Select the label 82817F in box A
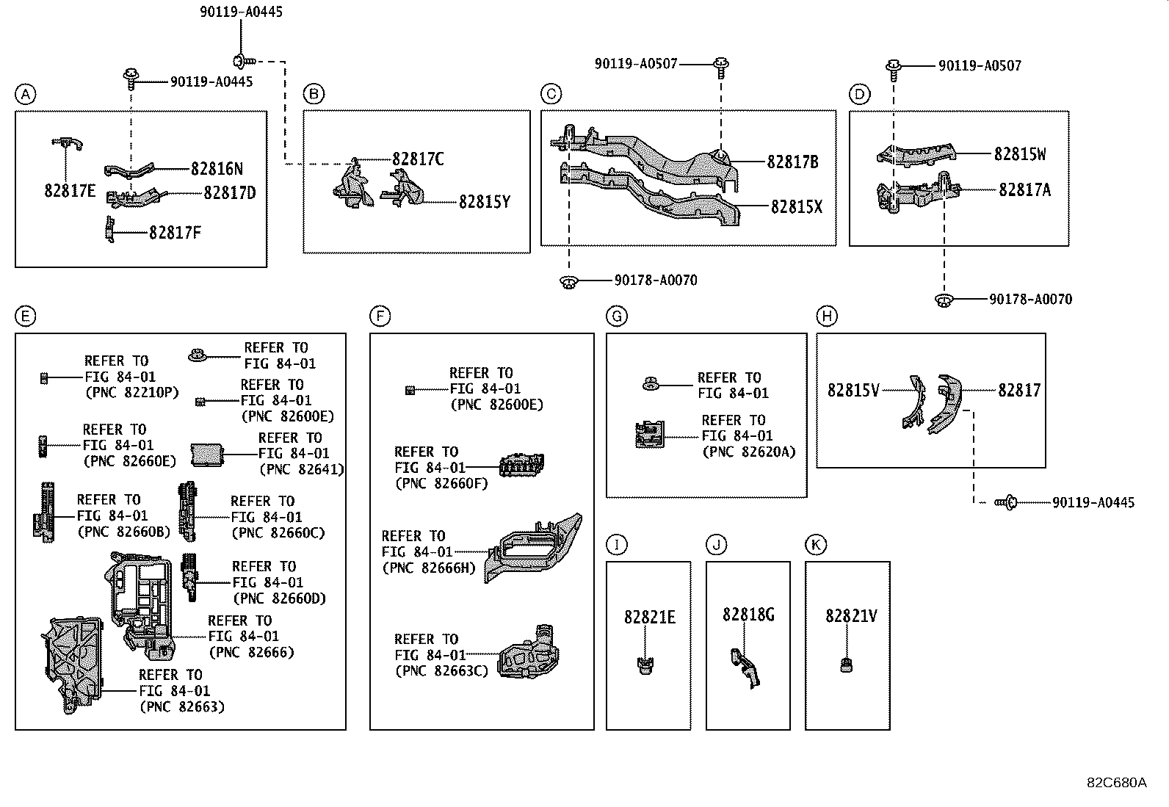pyautogui.click(x=175, y=233)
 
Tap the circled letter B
pyautogui.click(x=314, y=94)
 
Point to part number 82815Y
pyautogui.click(x=484, y=201)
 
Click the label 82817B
pyautogui.click(x=792, y=162)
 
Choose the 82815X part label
pyautogui.click(x=796, y=207)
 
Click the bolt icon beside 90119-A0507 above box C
pyautogui.click(x=720, y=65)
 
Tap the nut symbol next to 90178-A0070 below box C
pyautogui.click(x=567, y=281)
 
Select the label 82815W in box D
pyautogui.click(x=1020, y=154)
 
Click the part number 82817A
pyautogui.click(x=1024, y=190)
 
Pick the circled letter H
pyautogui.click(x=827, y=316)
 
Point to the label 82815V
pyautogui.click(x=853, y=391)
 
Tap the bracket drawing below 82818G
pyautogui.click(x=744, y=667)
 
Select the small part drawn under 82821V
pyautogui.click(x=846, y=666)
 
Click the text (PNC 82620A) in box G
pyautogui.click(x=748, y=452)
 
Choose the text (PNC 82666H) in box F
pyautogui.click(x=428, y=568)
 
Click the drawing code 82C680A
pyautogui.click(x=1116, y=782)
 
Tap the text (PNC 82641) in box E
pyautogui.click(x=301, y=469)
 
